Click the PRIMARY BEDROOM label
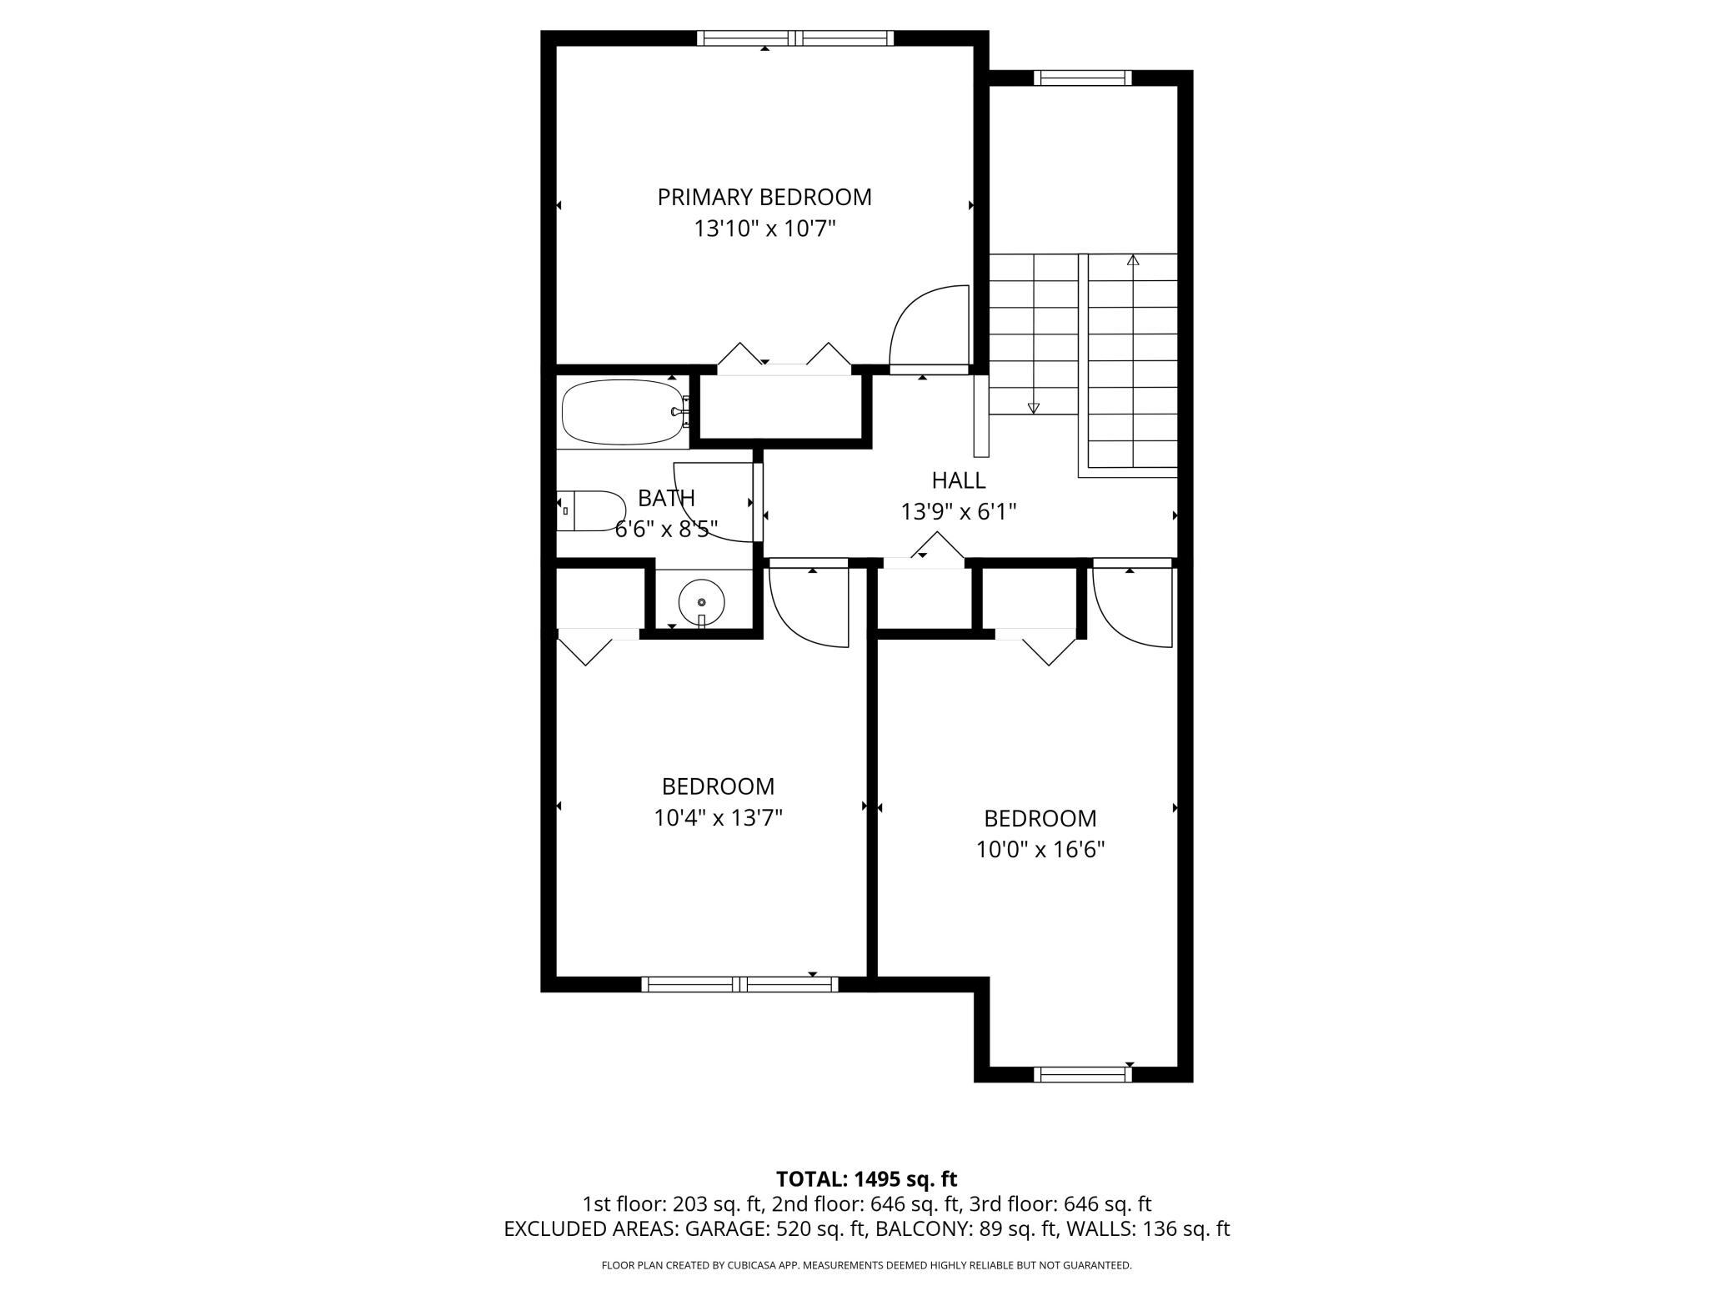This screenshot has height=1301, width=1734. coord(764,198)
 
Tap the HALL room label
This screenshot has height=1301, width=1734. coord(959,480)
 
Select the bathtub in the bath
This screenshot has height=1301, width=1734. coord(625,413)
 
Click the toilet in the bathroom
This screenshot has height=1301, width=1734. coord(591,511)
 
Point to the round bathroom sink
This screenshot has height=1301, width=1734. coord(701,601)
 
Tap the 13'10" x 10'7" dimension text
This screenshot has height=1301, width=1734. coord(764,229)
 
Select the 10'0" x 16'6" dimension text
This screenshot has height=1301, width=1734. coord(1040,850)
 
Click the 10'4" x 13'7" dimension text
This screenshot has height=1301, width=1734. coord(718,818)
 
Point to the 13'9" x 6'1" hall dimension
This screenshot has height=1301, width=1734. coord(959,511)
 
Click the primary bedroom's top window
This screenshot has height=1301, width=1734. coord(795,38)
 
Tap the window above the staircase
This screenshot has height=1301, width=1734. coord(1083,78)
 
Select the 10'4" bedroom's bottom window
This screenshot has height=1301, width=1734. coord(740,984)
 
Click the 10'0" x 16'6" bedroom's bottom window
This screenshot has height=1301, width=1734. coord(1083,1075)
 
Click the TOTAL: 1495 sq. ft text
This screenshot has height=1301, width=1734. coord(867,1179)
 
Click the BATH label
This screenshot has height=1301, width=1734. coord(666,498)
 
